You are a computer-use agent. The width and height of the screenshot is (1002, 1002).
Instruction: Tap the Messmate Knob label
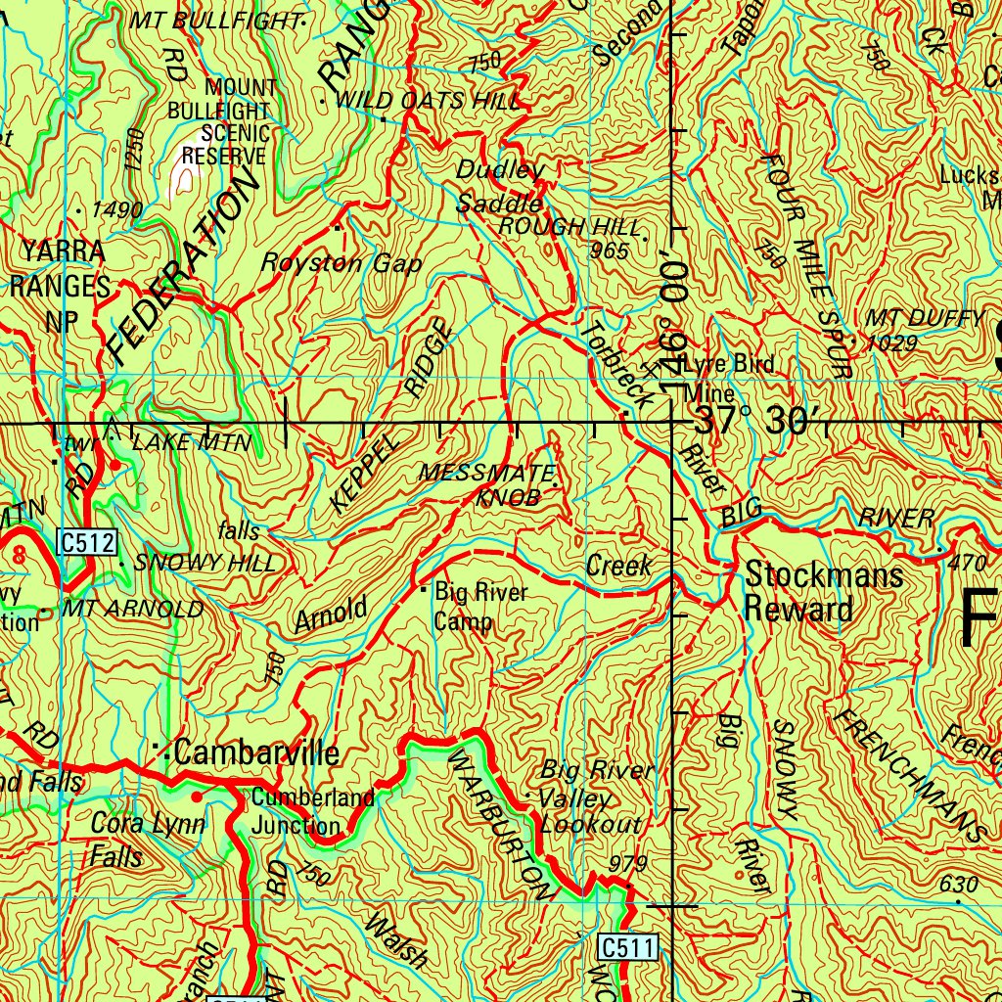pyautogui.click(x=486, y=485)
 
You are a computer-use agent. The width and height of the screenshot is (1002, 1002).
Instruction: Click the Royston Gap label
pyautogui.click(x=342, y=263)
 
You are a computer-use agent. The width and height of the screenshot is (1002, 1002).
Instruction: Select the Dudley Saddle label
pyautogui.click(x=500, y=186)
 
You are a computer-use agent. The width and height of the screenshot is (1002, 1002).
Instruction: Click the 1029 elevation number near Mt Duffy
pyautogui.click(x=891, y=342)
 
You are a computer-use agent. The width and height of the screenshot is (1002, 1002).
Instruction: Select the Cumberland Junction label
pyautogui.click(x=311, y=811)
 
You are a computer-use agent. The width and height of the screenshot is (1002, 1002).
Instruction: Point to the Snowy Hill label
pyautogui.click(x=205, y=564)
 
